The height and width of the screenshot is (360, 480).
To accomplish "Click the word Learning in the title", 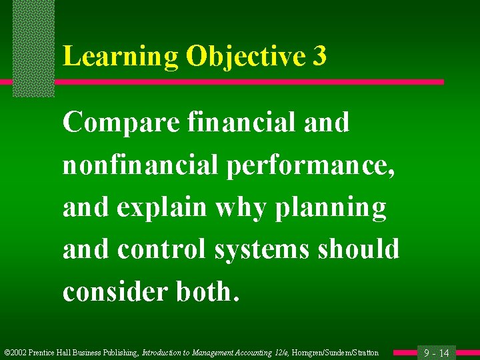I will [120, 57].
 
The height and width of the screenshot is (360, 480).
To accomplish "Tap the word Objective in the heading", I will [245, 57].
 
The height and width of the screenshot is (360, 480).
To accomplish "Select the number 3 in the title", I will [319, 57].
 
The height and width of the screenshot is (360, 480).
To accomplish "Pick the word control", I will [162, 249].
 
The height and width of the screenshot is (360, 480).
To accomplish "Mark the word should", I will [359, 249].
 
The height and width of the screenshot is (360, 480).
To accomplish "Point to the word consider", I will [110, 291].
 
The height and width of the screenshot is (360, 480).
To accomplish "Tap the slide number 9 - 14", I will [437, 353].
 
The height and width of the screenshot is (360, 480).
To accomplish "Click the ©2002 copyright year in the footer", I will [17, 353].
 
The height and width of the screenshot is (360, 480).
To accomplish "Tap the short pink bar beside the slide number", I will [403, 352].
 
